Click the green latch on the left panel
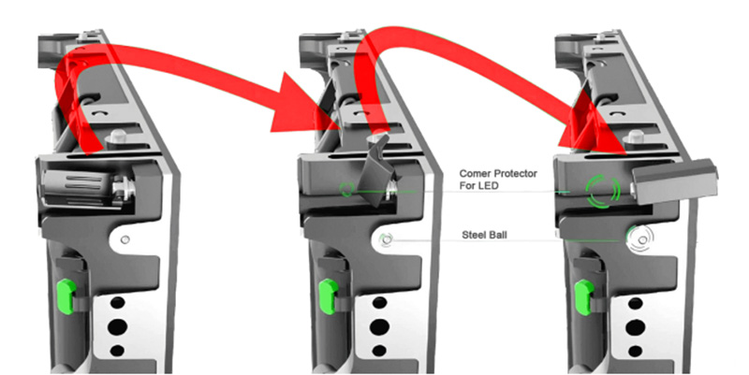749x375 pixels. click(66, 296)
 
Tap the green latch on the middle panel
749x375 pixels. click(328, 296)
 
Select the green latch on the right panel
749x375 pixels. click(583, 297)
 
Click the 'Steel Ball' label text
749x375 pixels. click(484, 235)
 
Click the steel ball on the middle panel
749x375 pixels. click(387, 239)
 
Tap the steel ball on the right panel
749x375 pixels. click(640, 238)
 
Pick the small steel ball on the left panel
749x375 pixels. click(125, 239)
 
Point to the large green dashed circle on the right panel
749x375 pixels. click(603, 191)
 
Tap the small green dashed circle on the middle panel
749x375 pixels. click(346, 189)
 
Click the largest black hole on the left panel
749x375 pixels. click(118, 326)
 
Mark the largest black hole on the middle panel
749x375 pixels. click(379, 326)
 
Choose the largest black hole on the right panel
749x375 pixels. click(636, 327)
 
